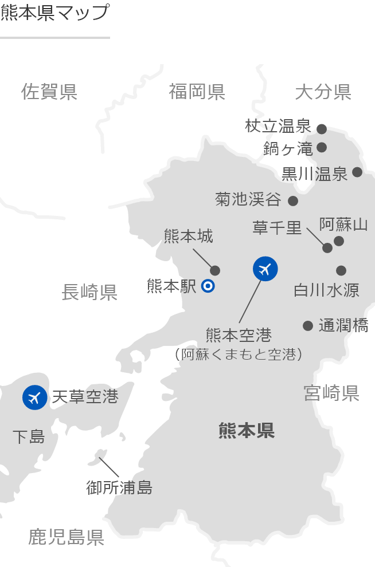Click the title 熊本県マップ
coord(54,13)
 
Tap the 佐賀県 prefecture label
coord(49,92)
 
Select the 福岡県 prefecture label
coord(197,92)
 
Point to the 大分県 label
coord(323,92)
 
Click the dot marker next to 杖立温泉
coord(322,129)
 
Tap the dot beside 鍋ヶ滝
coord(322,147)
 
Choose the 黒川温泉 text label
coord(315,174)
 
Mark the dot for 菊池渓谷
coord(293,200)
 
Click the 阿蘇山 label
coord(343,224)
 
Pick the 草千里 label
coord(277,227)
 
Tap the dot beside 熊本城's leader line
coord(216,270)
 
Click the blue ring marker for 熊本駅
coord(208,286)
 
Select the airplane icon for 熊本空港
coord(265,269)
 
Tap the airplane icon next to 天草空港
coord(34,397)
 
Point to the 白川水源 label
coord(326,290)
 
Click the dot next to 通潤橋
coord(308,326)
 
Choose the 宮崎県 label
coord(331,393)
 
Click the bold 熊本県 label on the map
coord(247,431)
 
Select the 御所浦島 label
coord(119,488)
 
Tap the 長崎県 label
coord(89,293)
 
